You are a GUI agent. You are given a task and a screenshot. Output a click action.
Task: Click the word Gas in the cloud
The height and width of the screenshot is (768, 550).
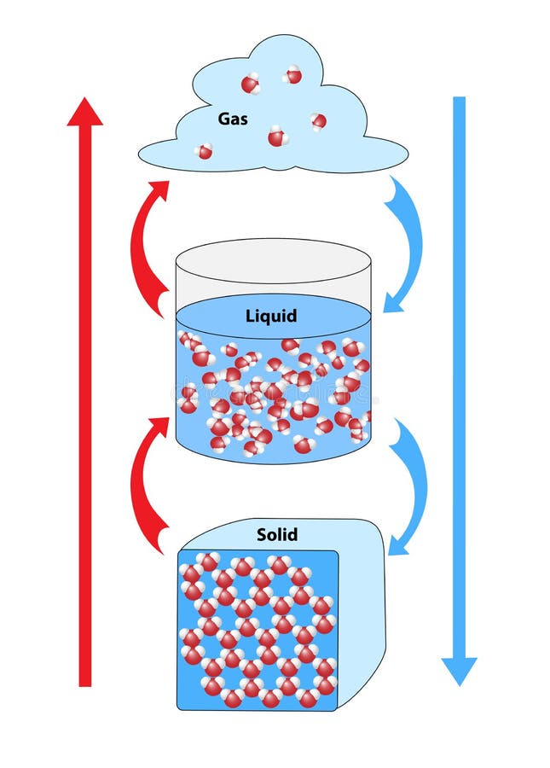(x=233, y=119)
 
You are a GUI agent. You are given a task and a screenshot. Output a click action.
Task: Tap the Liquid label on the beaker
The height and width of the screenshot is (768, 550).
(x=271, y=316)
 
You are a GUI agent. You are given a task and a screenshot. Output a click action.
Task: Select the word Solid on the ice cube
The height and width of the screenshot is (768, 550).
(x=277, y=535)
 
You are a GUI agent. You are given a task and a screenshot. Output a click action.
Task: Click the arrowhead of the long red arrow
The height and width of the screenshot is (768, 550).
(x=84, y=112)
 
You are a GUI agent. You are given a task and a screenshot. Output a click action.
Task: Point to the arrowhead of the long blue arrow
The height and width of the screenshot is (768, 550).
(x=459, y=671)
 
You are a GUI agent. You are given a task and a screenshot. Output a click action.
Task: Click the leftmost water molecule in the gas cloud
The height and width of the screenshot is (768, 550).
(x=204, y=152)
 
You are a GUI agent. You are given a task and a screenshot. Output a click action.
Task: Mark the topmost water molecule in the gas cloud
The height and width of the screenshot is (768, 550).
(x=292, y=75)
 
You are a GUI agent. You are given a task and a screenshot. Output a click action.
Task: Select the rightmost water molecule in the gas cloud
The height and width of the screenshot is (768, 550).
(x=318, y=121)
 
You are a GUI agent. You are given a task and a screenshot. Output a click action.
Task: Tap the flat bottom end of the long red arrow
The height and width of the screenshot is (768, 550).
(x=84, y=683)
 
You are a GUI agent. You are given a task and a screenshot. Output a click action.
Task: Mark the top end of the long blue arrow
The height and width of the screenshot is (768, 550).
(x=459, y=100)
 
